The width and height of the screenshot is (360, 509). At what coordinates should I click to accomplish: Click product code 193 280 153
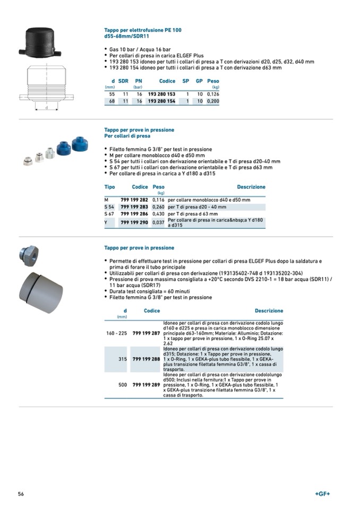[x=161, y=94]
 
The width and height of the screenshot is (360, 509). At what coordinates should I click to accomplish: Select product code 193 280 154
[x=161, y=101]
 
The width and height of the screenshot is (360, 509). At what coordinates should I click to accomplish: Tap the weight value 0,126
[x=212, y=94]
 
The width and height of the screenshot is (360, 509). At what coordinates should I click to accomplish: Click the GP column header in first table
[x=199, y=81]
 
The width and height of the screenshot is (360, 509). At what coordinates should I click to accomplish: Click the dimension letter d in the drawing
[x=46, y=108]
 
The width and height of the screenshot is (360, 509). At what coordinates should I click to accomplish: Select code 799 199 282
[x=134, y=200]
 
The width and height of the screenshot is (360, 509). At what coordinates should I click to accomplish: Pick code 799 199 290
[x=134, y=222]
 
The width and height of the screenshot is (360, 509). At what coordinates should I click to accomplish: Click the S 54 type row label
[x=109, y=207]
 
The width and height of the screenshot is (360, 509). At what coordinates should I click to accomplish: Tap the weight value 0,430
[x=158, y=214]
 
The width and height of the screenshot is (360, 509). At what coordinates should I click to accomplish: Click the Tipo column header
[x=109, y=187]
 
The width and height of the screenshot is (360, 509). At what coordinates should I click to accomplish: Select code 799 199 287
[x=146, y=333]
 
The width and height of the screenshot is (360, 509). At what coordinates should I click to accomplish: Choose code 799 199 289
[x=146, y=385]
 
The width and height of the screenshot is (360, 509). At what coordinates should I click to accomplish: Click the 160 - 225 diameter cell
[x=117, y=333]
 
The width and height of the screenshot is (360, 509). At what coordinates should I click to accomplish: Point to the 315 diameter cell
[x=122, y=359]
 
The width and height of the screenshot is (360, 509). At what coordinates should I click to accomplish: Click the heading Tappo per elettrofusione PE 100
[x=142, y=30]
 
